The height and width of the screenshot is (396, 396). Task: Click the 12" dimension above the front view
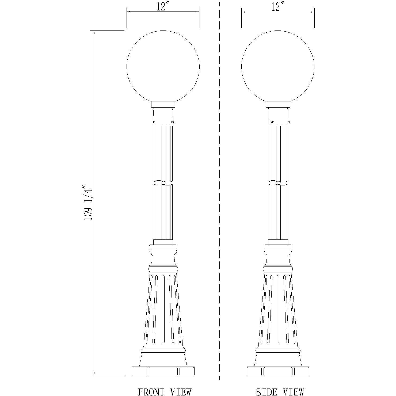pyautogui.click(x=162, y=7)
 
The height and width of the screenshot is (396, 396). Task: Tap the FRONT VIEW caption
pyautogui.click(x=165, y=392)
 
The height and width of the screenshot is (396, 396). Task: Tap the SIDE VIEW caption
pyautogui.click(x=280, y=392)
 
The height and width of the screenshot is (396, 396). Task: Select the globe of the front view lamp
pyautogui.click(x=163, y=67)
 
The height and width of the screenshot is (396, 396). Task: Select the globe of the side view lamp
pyautogui.click(x=278, y=67)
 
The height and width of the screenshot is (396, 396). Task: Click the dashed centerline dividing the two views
pyautogui.click(x=219, y=187)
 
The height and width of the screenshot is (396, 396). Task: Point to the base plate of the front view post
pyautogui.click(x=163, y=371)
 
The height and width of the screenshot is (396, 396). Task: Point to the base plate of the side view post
pyautogui.click(x=278, y=371)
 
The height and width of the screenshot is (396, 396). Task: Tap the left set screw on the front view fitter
pyautogui.click(x=154, y=123)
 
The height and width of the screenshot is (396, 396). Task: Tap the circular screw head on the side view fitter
pyautogui.click(x=273, y=122)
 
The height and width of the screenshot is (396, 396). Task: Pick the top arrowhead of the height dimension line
pyautogui.click(x=94, y=32)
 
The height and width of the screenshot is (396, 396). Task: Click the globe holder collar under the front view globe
pyautogui.click(x=163, y=104)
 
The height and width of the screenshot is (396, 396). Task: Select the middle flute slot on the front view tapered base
pyautogui.click(x=163, y=308)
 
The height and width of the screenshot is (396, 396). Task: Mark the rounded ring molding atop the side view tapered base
pyautogui.click(x=278, y=268)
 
